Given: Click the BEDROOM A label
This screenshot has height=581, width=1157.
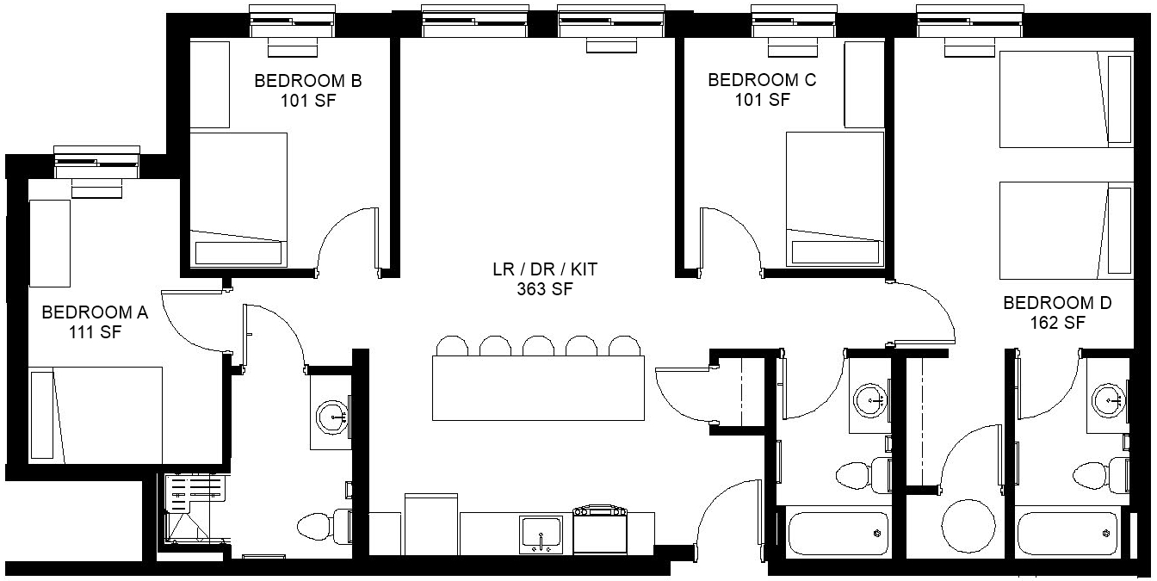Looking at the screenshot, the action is pyautogui.click(x=95, y=312).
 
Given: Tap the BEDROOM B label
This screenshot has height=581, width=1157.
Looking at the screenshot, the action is pyautogui.click(x=308, y=81).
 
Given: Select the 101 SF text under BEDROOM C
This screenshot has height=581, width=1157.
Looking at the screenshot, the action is pyautogui.click(x=763, y=100).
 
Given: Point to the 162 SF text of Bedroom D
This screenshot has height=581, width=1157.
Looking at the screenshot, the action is pyautogui.click(x=1057, y=323).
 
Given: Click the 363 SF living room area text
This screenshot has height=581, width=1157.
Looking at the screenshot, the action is pyautogui.click(x=545, y=289).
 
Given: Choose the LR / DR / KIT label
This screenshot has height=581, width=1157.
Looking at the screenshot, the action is pyautogui.click(x=545, y=269).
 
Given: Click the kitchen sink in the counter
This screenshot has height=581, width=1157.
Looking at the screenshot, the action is pyautogui.click(x=541, y=534).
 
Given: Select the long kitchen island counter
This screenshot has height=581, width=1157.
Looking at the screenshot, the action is pyautogui.click(x=538, y=388).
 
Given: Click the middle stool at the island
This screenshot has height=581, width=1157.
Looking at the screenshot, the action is pyautogui.click(x=538, y=345).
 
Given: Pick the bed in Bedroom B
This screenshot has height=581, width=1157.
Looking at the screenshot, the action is pyautogui.click(x=238, y=200).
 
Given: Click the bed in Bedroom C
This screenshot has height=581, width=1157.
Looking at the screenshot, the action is pyautogui.click(x=835, y=199).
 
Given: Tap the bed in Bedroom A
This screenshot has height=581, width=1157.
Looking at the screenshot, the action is pyautogui.click(x=95, y=415).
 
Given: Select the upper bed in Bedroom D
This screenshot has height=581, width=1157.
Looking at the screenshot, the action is pyautogui.click(x=1067, y=99).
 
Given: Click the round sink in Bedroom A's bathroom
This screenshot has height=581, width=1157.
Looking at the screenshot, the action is pyautogui.click(x=332, y=417).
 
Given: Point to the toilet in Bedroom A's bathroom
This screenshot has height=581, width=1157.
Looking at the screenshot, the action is pyautogui.click(x=325, y=527).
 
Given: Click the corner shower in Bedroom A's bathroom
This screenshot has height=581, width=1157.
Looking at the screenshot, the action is pyautogui.click(x=195, y=510).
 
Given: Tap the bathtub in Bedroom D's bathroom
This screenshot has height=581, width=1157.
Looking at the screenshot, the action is pyautogui.click(x=1067, y=533).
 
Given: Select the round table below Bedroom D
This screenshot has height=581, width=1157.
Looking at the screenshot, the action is pyautogui.click(x=968, y=527).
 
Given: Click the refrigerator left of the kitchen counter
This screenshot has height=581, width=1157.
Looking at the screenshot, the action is pyautogui.click(x=431, y=524).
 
